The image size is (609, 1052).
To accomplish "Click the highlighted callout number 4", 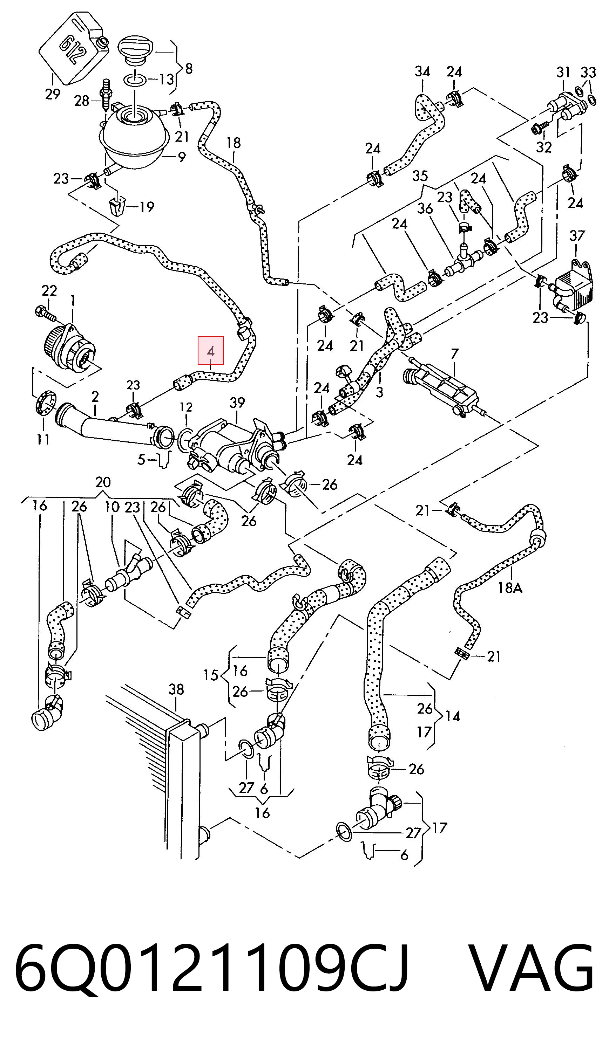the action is tap(211, 351).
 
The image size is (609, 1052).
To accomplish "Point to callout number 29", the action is tap(53, 94).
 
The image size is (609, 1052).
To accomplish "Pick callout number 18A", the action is tap(510, 588).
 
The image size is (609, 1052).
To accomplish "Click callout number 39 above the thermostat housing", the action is tap(237, 403).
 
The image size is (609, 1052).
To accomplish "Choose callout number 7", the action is tap(454, 354).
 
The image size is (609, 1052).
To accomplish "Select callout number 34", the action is tap(422, 72).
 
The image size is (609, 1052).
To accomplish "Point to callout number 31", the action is tap(563, 72).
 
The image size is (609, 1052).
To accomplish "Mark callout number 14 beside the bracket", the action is tap(452, 728).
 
